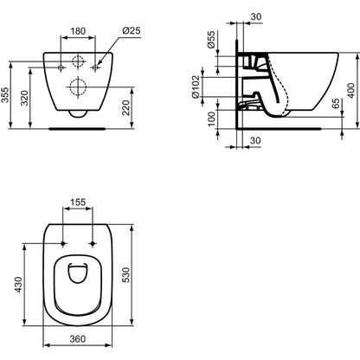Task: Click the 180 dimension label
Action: coord(78,30)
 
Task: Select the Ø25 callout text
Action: coord(132,30)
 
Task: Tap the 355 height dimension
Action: coord(5,95)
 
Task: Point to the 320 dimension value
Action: coord(24,99)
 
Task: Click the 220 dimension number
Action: coord(126,107)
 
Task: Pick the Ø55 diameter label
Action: coord(211,40)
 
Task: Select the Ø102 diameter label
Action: coord(196,87)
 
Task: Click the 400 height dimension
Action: coord(351,90)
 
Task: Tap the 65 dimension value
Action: coord(336,104)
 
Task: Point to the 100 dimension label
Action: coord(211,119)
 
